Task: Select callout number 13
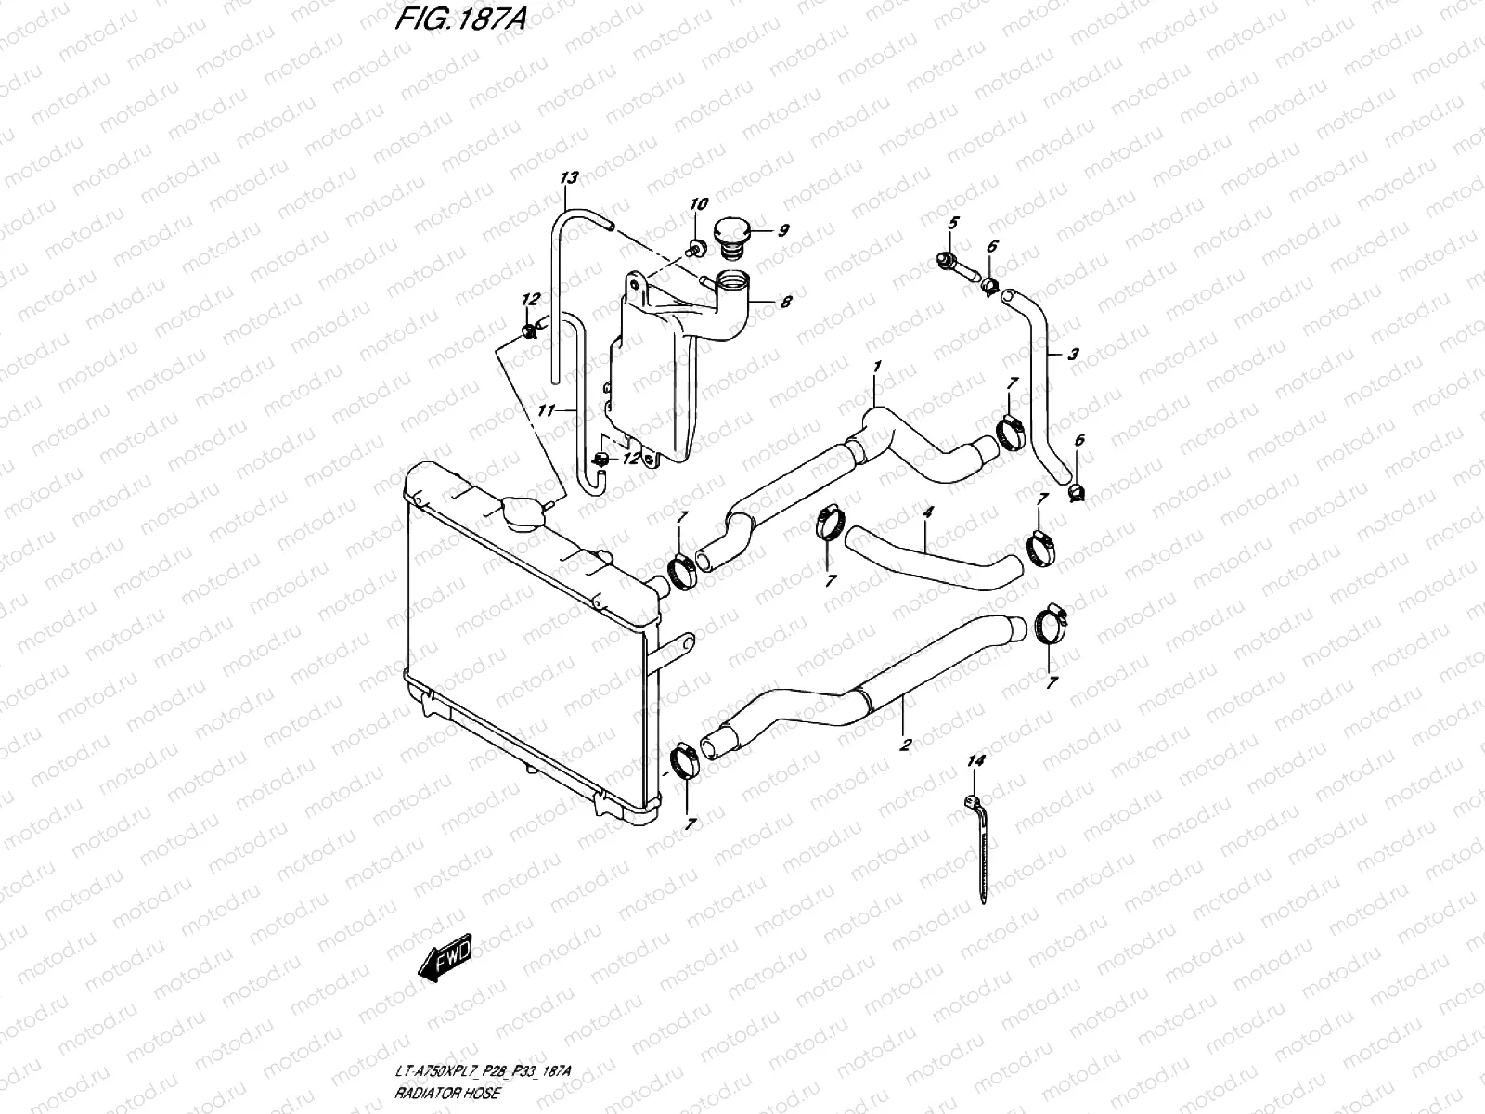click(569, 177)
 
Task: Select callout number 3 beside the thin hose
click(1073, 354)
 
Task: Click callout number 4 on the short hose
click(927, 512)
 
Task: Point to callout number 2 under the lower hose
click(905, 744)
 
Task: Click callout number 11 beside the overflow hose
click(546, 409)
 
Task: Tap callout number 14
click(975, 760)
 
